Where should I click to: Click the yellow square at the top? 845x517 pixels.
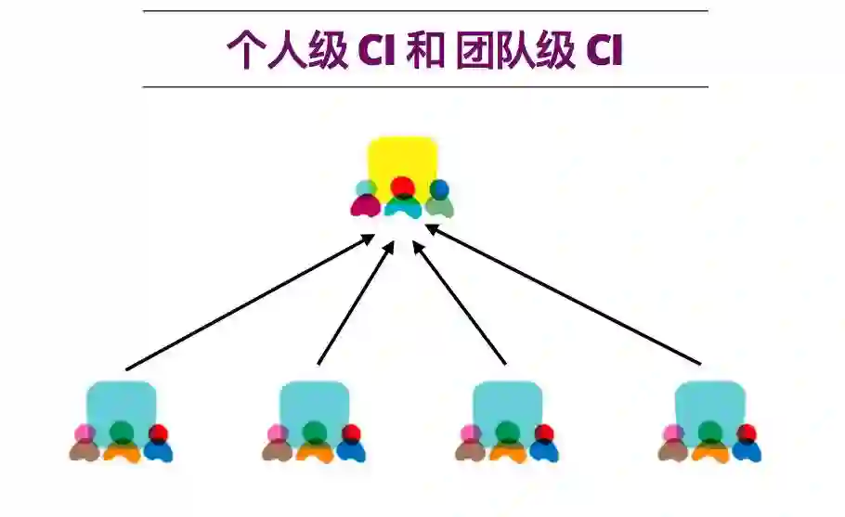[x=402, y=158]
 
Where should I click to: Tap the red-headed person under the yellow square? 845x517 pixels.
[x=402, y=197]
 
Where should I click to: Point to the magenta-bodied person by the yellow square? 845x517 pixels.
[x=364, y=200]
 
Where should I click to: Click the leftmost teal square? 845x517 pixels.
[x=121, y=402]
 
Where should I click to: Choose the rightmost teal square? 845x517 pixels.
[x=709, y=402]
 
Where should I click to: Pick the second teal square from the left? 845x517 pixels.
[x=314, y=402]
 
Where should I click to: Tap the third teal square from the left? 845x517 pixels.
[x=507, y=402]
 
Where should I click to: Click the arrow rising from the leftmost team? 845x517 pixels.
[x=249, y=303]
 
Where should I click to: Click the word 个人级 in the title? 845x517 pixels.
[x=287, y=52]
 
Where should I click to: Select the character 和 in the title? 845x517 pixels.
[x=424, y=52]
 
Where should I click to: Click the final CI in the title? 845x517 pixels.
[x=604, y=52]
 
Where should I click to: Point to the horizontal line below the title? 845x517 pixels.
[x=425, y=87]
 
